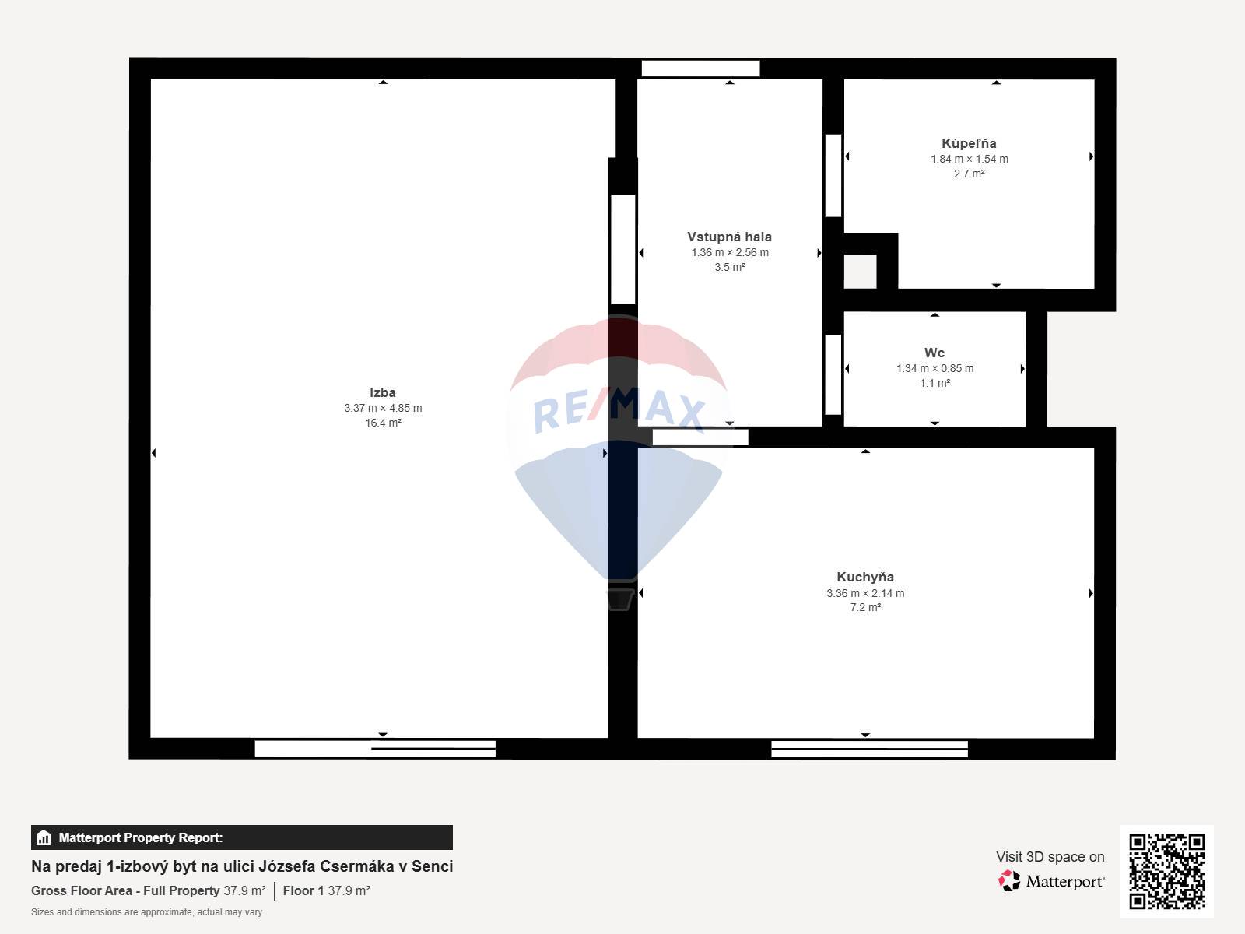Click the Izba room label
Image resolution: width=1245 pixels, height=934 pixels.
pyautogui.click(x=382, y=392)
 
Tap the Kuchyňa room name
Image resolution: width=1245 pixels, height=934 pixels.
pyautogui.click(x=865, y=577)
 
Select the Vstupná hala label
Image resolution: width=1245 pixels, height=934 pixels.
pyautogui.click(x=729, y=237)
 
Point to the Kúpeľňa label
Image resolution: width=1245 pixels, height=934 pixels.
pyautogui.click(x=969, y=143)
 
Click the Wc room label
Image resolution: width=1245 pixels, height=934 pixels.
pyautogui.click(x=935, y=353)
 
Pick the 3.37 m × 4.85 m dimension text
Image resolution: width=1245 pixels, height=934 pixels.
pyautogui.click(x=383, y=408)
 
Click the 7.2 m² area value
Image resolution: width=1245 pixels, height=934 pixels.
pyautogui.click(x=865, y=607)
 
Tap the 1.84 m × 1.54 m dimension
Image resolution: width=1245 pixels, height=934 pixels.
pyautogui.click(x=970, y=159)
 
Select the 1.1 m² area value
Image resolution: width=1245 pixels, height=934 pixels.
pyautogui.click(x=935, y=383)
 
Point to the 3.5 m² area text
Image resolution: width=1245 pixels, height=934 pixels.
pyautogui.click(x=729, y=267)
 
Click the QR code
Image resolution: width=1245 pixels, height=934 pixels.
pyautogui.click(x=1166, y=872)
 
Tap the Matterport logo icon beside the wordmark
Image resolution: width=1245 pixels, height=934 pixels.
pyautogui.click(x=1009, y=881)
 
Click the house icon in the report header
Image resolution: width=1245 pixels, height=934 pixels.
pyautogui.click(x=44, y=837)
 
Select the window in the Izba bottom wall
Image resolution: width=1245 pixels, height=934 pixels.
pyautogui.click(x=375, y=749)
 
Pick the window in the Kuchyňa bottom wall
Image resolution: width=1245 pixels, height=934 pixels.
pyautogui.click(x=869, y=749)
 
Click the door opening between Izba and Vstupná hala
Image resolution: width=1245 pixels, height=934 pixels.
pyautogui.click(x=622, y=250)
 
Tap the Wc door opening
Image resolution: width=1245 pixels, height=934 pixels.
pyautogui.click(x=833, y=375)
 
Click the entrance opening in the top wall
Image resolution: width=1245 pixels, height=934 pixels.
pyautogui.click(x=700, y=68)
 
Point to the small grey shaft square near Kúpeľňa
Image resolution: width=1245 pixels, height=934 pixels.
pyautogui.click(x=861, y=272)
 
